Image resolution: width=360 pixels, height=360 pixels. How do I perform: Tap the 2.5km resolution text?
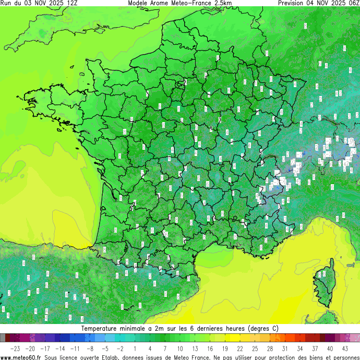(222, 3)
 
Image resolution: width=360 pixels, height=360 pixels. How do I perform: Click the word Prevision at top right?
(294, 3)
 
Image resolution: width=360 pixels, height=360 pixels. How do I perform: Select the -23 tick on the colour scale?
(15, 348)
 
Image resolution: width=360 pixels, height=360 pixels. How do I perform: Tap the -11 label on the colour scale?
(75, 348)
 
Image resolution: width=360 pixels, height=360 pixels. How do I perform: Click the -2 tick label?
(120, 348)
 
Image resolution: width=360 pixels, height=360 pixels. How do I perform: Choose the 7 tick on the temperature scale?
(165, 348)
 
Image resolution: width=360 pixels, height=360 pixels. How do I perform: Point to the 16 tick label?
(210, 348)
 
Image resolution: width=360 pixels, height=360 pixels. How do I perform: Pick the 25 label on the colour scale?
(255, 348)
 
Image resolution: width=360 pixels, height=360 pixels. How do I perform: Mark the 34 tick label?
(300, 348)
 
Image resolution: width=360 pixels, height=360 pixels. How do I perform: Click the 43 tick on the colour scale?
(345, 348)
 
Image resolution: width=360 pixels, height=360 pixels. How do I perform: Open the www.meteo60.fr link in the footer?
(21, 357)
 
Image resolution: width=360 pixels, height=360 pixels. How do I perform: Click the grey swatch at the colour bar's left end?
(3, 338)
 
